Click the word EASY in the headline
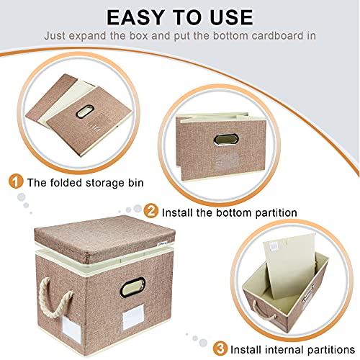136,17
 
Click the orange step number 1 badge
16,181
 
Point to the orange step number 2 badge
150,211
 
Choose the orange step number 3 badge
220,348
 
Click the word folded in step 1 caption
66,183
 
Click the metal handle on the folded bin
84,111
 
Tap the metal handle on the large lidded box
132,287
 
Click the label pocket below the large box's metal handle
133,316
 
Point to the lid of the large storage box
105,238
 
